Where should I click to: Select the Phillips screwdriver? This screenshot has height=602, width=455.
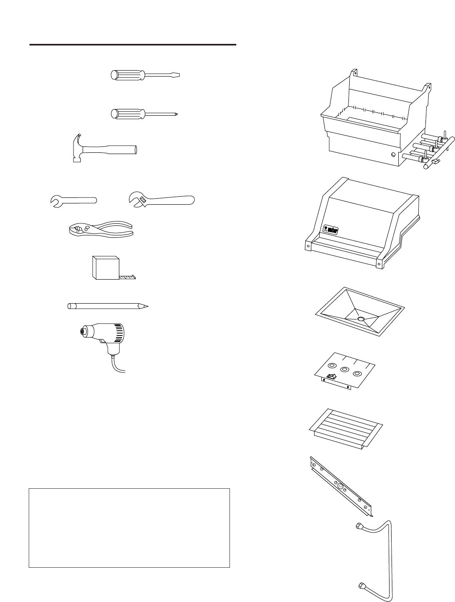pos(144,114)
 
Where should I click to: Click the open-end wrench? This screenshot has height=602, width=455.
pos(74,201)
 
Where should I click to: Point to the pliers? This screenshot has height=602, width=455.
pos(100,231)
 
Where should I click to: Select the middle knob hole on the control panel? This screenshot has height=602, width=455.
pos(343,369)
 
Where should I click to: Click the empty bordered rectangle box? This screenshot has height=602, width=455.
pos(129,527)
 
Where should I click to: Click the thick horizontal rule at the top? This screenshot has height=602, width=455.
pos(133,45)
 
